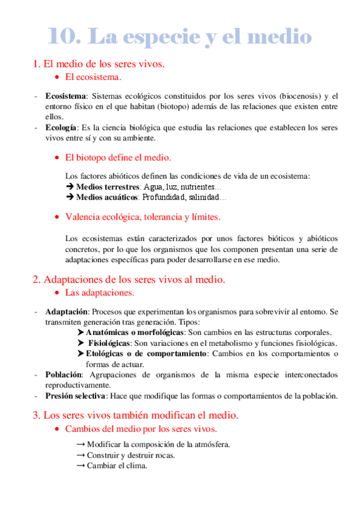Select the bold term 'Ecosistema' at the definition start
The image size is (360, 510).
tap(66, 96)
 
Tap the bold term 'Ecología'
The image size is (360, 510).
tap(61, 127)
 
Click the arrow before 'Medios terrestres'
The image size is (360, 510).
tap(69, 187)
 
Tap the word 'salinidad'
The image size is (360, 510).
tap(203, 197)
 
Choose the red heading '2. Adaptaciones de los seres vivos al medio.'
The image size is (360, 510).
tap(129, 279)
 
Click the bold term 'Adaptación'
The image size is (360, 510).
tap(67, 312)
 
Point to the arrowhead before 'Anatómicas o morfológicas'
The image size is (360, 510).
tap(81, 332)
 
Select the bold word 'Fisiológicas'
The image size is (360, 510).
tap(111, 343)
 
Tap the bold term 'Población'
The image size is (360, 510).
tap(63, 375)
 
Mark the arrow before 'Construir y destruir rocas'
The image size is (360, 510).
tap(81, 455)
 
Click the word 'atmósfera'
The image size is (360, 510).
tap(210, 444)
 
